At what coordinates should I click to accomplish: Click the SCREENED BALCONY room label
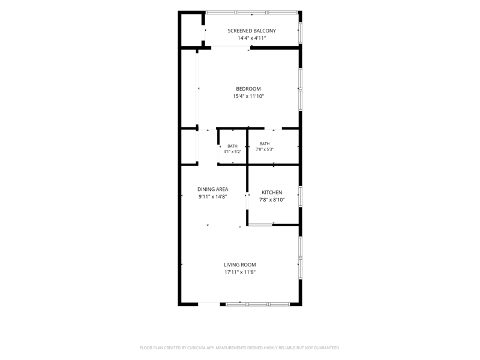[251, 31]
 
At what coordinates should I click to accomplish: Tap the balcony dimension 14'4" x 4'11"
[251, 38]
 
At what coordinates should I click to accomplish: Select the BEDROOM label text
[248, 89]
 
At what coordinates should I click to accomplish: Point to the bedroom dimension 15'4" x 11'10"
[248, 96]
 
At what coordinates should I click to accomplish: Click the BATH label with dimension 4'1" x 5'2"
[232, 146]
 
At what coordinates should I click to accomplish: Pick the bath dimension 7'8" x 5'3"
[265, 149]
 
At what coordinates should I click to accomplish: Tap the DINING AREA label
[213, 189]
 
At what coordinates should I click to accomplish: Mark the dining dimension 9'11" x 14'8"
[213, 197]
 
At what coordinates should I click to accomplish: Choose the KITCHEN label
[272, 192]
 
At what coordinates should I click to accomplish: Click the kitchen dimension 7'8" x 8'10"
[272, 200]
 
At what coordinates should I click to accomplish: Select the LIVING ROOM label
[239, 265]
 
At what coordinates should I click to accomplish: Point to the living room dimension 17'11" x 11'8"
[239, 272]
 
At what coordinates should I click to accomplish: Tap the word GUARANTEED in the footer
[328, 348]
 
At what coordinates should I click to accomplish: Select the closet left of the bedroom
[188, 88]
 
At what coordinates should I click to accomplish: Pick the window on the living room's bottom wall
[258, 304]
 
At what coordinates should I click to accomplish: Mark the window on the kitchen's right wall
[301, 197]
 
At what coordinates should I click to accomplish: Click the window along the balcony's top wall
[251, 13]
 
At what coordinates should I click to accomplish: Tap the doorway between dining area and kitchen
[247, 201]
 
